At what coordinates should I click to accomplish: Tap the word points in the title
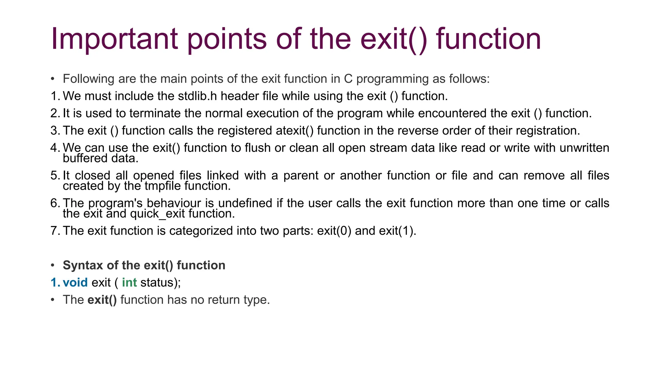(x=227, y=39)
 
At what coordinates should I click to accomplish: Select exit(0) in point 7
(x=334, y=231)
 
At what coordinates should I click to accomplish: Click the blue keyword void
(x=75, y=282)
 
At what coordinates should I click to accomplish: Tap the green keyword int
(x=129, y=282)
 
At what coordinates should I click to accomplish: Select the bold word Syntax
(x=83, y=265)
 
